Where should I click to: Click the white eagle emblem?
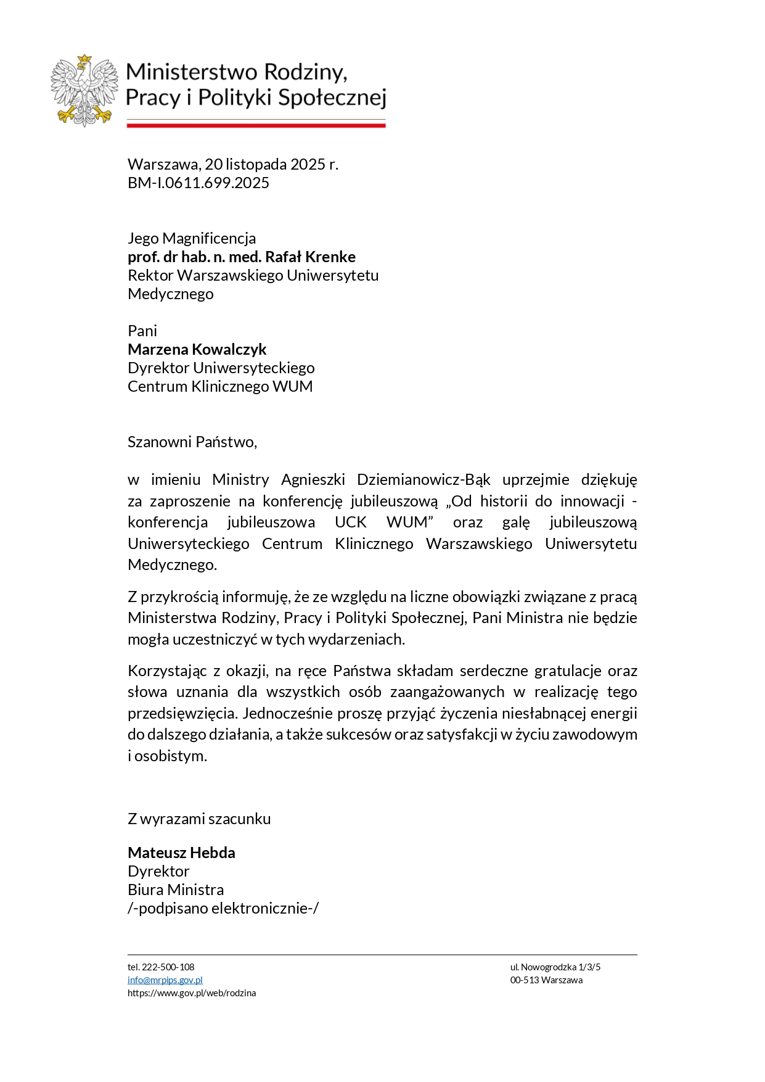pyautogui.click(x=84, y=90)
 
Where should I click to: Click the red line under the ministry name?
pyautogui.click(x=256, y=125)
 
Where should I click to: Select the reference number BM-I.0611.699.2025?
pyautogui.click(x=198, y=183)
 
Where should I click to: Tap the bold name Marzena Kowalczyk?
pyautogui.click(x=197, y=349)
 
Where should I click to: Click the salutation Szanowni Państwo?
pyautogui.click(x=192, y=442)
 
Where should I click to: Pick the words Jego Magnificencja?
pyautogui.click(x=192, y=238)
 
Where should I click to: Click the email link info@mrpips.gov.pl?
pyautogui.click(x=165, y=980)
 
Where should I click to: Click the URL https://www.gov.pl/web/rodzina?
pyautogui.click(x=192, y=993)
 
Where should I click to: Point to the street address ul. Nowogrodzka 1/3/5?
pyautogui.click(x=555, y=967)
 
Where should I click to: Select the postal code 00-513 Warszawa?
pyautogui.click(x=546, y=980)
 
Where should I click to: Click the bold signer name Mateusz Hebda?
pyautogui.click(x=181, y=853)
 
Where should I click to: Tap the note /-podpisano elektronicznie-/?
pyautogui.click(x=223, y=908)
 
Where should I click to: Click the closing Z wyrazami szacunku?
pyautogui.click(x=199, y=819)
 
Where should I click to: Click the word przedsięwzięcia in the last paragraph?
pyautogui.click(x=182, y=713)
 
